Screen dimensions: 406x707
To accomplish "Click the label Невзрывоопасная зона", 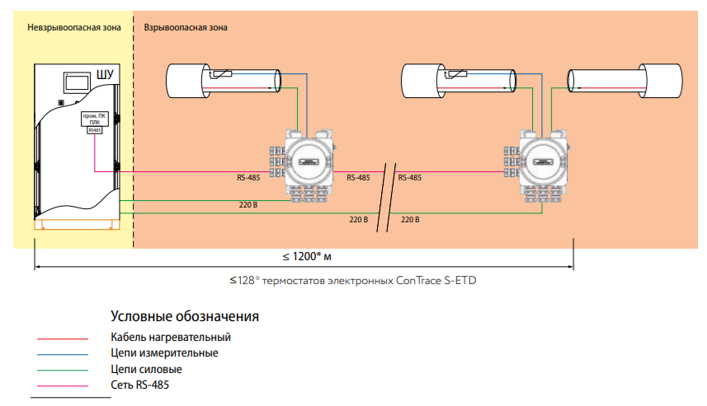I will point(73,27).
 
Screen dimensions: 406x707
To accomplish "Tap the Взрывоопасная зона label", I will point(186,27).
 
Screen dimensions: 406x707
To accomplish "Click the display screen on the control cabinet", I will point(78,82).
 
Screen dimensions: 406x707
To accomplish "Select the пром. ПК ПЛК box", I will point(95,119).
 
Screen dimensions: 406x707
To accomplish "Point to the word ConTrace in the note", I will point(421,281).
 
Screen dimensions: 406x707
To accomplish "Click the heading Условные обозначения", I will point(186,316).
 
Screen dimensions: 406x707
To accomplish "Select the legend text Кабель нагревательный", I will point(171,337).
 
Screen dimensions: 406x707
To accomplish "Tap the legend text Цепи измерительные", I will point(164,352).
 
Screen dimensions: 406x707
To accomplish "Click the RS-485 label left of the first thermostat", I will point(248,177).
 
